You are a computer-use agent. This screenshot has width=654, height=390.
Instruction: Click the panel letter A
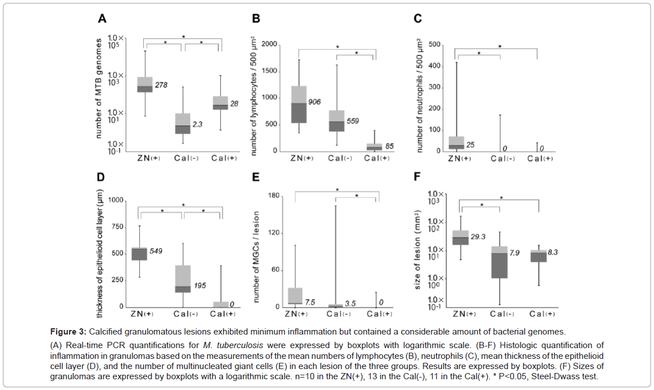(102, 19)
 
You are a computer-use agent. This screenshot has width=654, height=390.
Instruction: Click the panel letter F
(418, 177)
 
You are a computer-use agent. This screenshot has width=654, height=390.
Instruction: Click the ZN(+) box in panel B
(298, 104)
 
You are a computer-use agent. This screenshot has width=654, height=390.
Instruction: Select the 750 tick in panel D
(117, 227)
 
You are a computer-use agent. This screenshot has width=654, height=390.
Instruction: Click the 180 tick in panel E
(274, 196)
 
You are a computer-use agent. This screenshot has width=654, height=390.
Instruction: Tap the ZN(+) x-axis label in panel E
(295, 314)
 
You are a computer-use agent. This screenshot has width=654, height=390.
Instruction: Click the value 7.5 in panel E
(310, 302)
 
